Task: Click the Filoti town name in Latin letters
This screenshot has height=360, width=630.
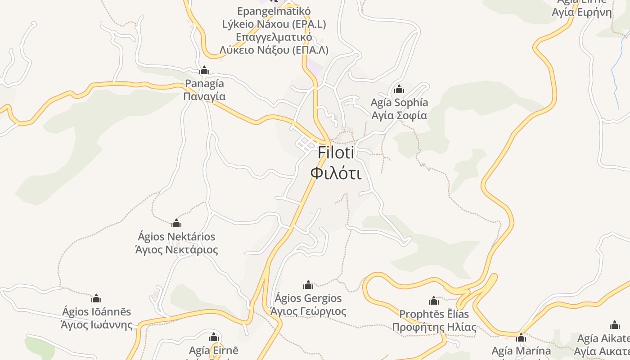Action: coord(336,153)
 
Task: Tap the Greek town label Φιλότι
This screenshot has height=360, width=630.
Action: coord(336,173)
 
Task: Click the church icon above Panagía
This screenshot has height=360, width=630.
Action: coord(204,71)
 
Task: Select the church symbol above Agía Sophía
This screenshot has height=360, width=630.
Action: coord(399,90)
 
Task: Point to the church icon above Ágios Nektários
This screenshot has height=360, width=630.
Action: coord(176,223)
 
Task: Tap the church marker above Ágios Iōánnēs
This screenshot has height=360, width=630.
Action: coord(96,298)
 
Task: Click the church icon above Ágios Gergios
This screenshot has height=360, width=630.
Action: coord(308,285)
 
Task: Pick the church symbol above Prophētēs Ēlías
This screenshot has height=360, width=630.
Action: coord(434,301)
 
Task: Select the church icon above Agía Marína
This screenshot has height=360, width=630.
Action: coord(521,337)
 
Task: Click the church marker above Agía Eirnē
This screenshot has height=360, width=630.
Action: coord(214,337)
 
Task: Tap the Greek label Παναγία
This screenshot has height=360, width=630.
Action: coord(204,97)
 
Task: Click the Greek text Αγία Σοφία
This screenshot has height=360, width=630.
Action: coord(399,116)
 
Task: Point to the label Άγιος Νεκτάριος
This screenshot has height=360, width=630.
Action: coord(176,250)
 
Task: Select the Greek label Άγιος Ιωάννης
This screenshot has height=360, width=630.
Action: coord(96,325)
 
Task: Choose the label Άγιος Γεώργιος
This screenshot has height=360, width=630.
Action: coord(308,311)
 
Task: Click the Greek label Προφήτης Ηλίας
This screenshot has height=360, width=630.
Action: coord(434,327)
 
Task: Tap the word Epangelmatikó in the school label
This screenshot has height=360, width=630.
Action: coord(274,11)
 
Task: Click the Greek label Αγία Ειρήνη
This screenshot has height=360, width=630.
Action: coord(582,12)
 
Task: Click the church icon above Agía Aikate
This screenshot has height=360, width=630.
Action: coord(615,325)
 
